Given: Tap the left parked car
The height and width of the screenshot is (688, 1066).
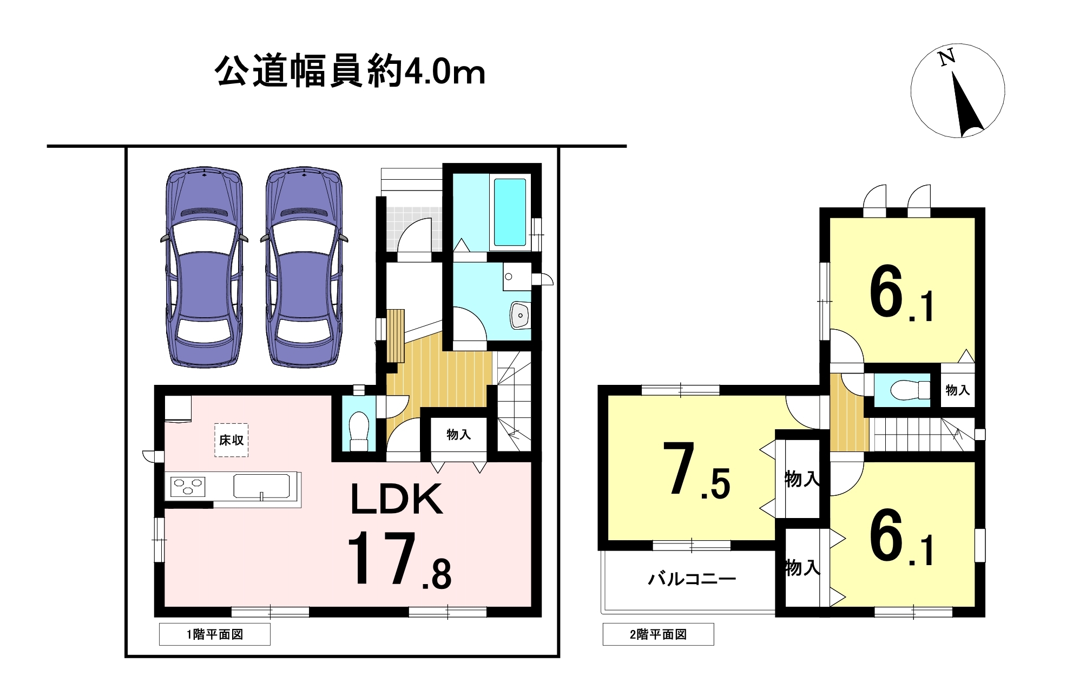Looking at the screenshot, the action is coord(204,267).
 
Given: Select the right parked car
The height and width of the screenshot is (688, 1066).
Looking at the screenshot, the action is coord(304,267).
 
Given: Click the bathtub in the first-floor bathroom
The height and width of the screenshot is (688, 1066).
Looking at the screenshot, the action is coord(510,212).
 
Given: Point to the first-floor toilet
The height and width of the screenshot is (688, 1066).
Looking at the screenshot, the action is coord(359,430).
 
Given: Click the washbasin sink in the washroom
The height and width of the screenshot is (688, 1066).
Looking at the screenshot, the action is coord(520,315).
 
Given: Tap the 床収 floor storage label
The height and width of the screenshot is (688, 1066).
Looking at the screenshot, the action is coord(231,440).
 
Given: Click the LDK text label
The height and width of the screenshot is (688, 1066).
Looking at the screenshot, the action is coord(397,499).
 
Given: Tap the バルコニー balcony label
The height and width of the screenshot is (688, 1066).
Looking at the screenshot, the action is coord(692,579).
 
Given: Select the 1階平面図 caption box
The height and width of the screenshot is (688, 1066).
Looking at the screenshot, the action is coord(215,634).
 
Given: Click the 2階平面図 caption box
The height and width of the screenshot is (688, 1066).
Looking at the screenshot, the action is coord(659,634).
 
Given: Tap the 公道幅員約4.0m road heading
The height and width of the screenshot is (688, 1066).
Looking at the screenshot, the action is coord(350,71).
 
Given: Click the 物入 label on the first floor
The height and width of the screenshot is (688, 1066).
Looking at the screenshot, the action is coord(458,434).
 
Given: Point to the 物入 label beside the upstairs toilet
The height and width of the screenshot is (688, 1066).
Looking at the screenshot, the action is coord(957,390).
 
